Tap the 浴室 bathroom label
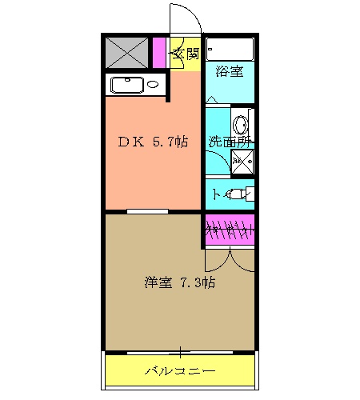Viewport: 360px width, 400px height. point(230,73)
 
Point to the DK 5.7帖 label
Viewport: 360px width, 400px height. point(154,142)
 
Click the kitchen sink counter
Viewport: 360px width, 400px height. point(135,85)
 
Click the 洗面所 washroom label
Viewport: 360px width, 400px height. point(229,142)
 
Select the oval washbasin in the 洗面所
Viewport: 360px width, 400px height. point(241,125)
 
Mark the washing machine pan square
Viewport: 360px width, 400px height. point(242,161)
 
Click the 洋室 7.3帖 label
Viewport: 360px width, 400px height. point(179,282)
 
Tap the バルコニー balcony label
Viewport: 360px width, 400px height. point(180,371)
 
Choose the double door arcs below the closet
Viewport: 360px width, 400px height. point(230,258)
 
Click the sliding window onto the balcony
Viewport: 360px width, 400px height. point(180,352)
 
